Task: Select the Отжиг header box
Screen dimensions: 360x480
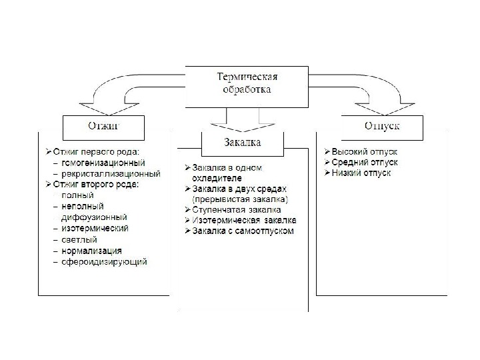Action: [103, 124]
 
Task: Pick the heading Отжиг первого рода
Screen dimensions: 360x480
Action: [96, 151]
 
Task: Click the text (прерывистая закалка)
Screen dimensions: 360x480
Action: [240, 199]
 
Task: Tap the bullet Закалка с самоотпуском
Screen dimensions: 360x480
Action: [242, 231]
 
